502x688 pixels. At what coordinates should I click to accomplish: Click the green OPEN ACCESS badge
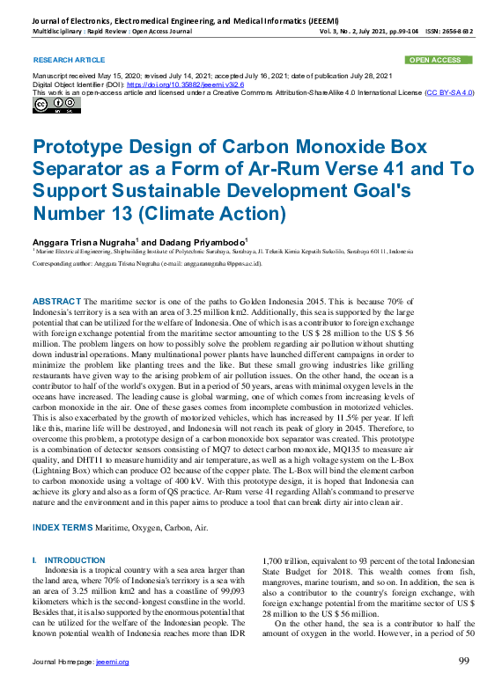pyautogui.click(x=439, y=60)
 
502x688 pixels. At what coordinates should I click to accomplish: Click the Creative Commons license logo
pyautogui.click(x=56, y=106)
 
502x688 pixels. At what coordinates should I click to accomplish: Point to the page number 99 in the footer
pyautogui.click(x=464, y=661)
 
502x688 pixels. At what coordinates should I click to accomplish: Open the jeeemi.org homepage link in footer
pyautogui.click(x=112, y=662)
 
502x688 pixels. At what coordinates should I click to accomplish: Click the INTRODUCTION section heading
pyautogui.click(x=74, y=560)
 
